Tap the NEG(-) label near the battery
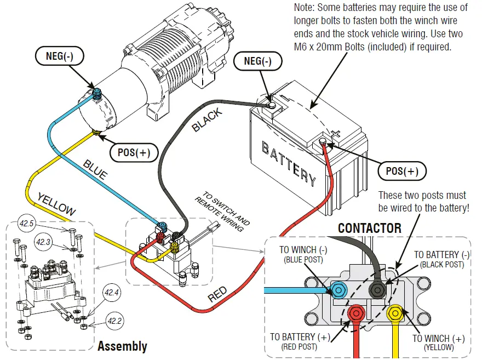257,61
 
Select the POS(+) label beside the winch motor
130,152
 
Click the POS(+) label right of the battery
402,172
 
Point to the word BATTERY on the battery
289,163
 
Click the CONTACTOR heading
370,228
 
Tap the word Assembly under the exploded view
122,346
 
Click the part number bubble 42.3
44,241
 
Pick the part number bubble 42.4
112,293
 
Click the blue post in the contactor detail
338,289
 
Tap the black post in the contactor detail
377,290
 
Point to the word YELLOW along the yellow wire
56,204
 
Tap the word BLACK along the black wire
207,120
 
